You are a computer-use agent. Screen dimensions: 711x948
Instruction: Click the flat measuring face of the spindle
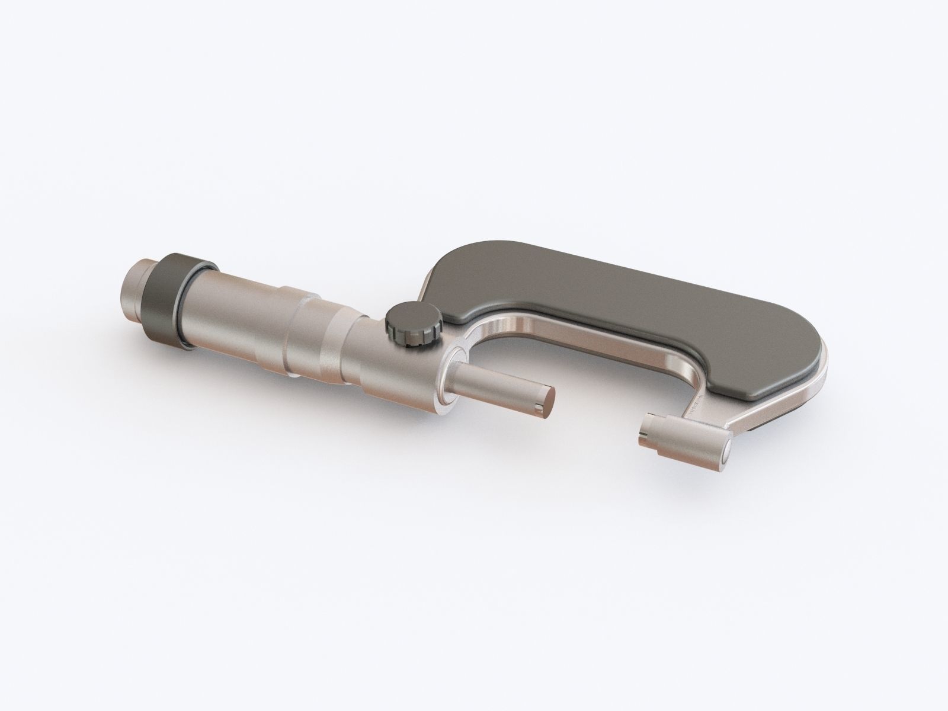[545, 399]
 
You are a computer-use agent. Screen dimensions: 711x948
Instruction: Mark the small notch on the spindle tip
[536, 408]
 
